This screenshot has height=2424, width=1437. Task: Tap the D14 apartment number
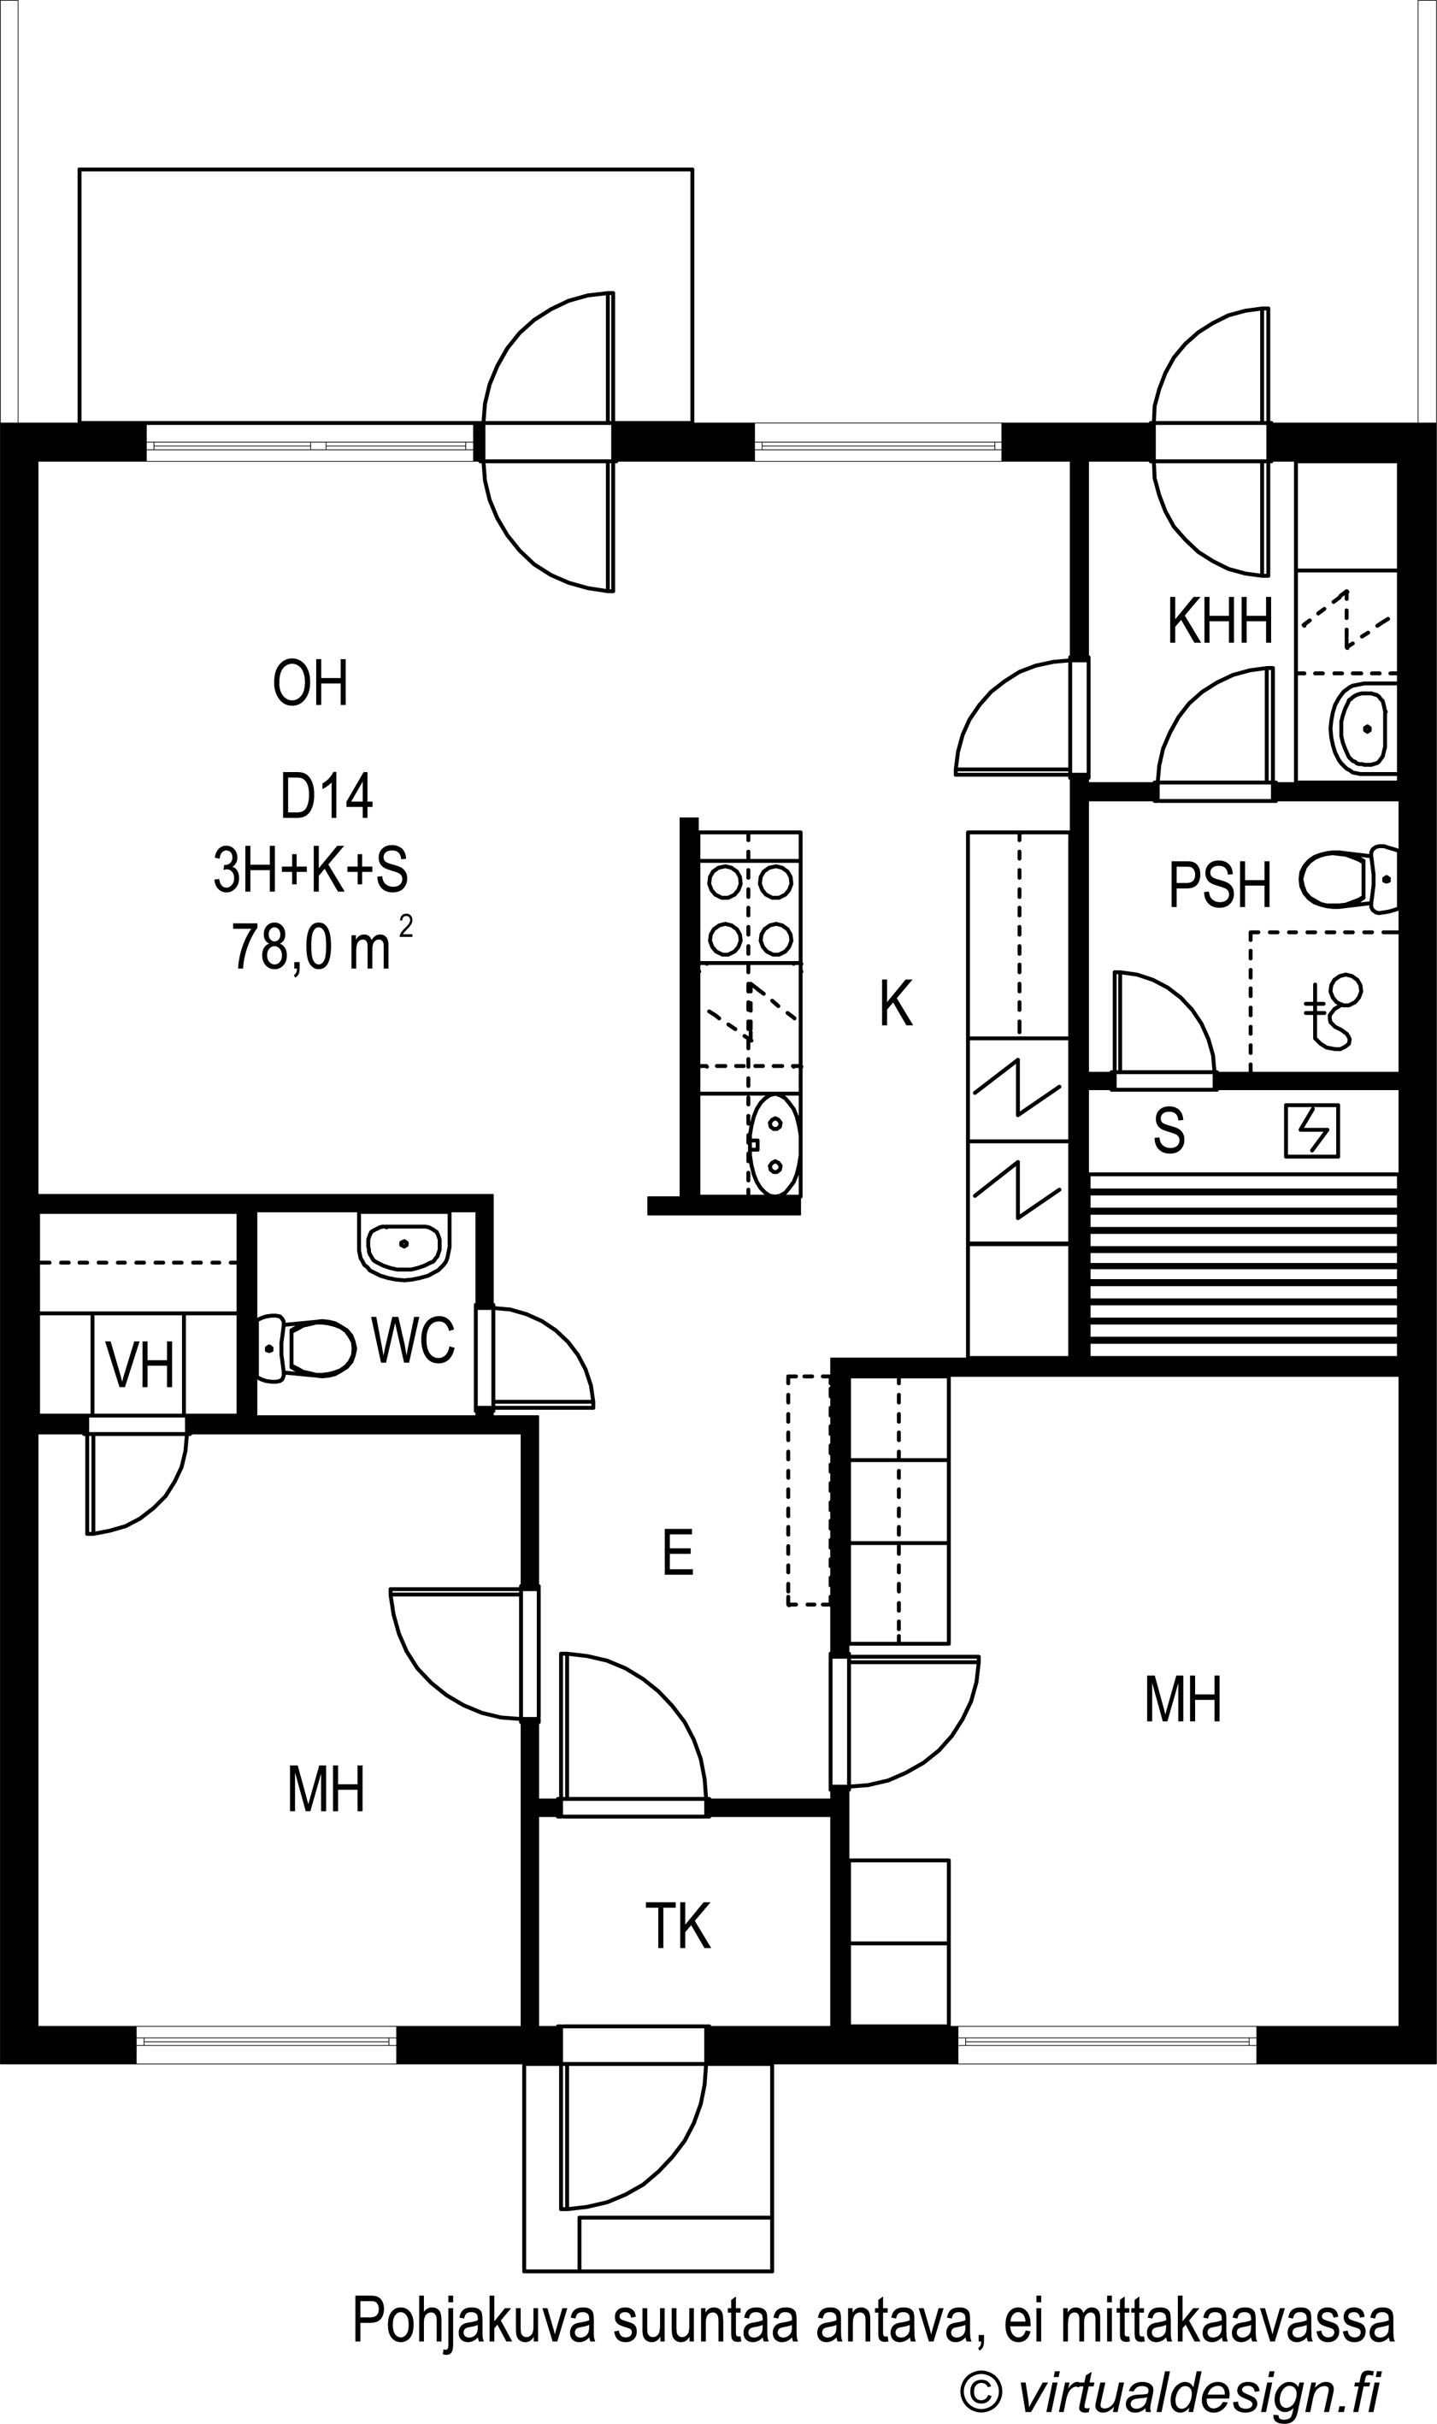327,797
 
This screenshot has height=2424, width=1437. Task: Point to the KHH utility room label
1219,621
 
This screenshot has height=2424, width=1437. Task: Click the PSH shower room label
1219,885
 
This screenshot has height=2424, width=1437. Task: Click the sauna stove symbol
1312,1130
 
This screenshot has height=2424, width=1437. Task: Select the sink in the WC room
404,1244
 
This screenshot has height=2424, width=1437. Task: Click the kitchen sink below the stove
774,1145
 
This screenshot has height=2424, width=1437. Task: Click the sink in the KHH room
1366,728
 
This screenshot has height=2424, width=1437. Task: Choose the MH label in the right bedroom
1183,1700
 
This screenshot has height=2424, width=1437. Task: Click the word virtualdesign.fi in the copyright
1198,2386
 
